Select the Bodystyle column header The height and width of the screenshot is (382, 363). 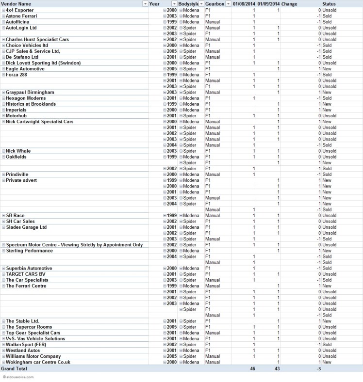tap(188, 4)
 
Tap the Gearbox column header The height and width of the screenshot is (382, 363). tap(214, 4)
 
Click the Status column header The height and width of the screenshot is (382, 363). tap(329, 4)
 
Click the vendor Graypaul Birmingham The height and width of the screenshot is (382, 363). tap(30, 92)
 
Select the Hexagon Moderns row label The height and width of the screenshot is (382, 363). tap(26, 98)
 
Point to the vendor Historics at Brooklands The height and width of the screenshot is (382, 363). tap(31, 104)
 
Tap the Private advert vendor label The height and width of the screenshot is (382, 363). tap(21, 180)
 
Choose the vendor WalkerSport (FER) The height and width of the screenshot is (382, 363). tap(26, 344)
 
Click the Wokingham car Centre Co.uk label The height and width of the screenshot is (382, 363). tap(38, 362)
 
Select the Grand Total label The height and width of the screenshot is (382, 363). tap(14, 368)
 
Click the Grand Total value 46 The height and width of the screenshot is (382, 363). tap(252, 368)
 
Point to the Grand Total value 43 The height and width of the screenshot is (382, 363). tap(277, 368)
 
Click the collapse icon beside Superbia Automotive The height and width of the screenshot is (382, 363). tap(3, 269)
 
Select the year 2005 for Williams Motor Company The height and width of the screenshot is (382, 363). tap(171, 356)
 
